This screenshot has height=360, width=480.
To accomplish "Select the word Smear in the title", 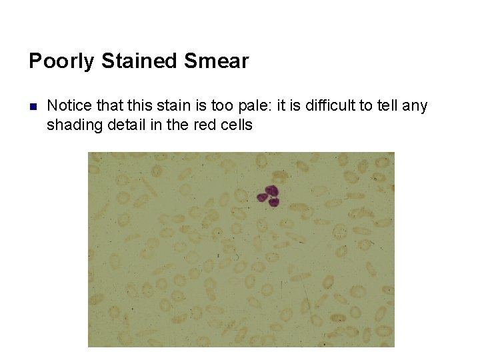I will (x=217, y=61).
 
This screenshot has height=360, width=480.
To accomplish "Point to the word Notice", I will (x=70, y=105).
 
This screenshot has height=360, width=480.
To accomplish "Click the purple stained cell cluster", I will (x=270, y=196).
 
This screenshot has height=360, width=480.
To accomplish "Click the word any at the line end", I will (x=415, y=105).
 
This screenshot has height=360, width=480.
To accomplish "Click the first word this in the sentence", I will (x=136, y=105).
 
